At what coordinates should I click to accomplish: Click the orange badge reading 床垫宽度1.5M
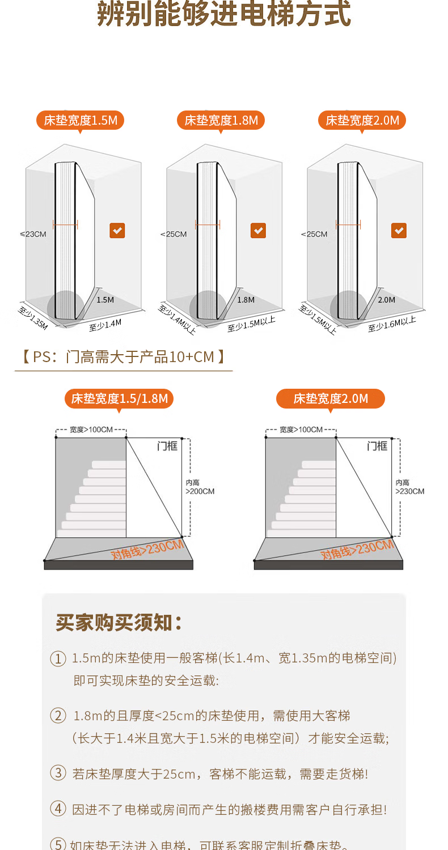(x=81, y=120)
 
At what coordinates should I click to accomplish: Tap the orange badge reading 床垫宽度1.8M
(x=221, y=120)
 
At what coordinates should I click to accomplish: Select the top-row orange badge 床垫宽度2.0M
(x=362, y=120)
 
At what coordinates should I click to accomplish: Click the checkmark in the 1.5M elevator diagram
(x=117, y=231)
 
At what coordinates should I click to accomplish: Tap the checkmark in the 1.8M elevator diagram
(x=258, y=231)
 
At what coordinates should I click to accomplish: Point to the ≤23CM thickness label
(x=33, y=234)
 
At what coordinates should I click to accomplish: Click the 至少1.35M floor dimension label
(x=33, y=317)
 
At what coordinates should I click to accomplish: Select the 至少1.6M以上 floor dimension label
(x=392, y=324)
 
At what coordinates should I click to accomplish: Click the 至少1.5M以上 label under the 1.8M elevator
(x=251, y=324)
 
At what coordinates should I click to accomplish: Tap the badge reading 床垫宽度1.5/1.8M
(x=119, y=398)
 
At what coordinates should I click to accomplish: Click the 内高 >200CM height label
(x=200, y=487)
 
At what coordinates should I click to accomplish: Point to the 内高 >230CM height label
(x=409, y=487)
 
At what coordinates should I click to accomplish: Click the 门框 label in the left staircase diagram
(x=167, y=446)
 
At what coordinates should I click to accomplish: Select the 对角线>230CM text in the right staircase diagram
(x=357, y=550)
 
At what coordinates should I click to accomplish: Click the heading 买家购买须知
(x=119, y=622)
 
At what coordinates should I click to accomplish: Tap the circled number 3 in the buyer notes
(x=58, y=773)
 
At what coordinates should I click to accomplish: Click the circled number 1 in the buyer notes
(x=58, y=658)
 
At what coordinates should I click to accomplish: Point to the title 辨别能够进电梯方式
(x=224, y=15)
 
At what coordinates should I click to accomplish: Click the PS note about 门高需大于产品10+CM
(x=124, y=357)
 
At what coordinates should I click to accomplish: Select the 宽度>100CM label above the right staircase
(x=301, y=430)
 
